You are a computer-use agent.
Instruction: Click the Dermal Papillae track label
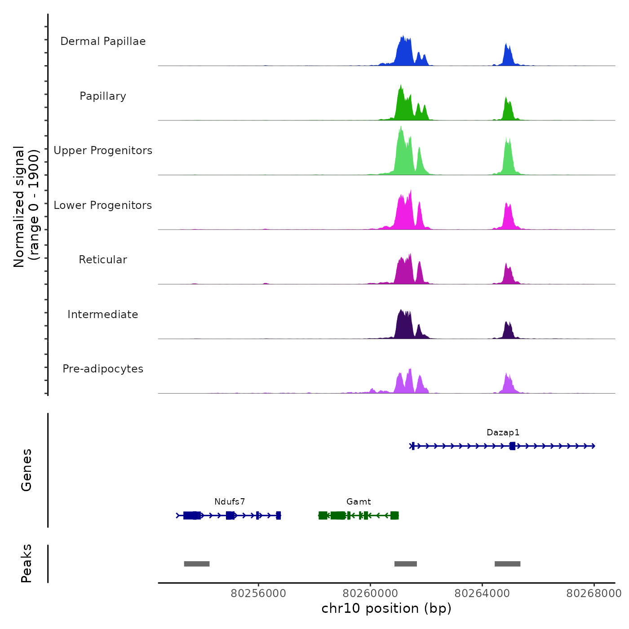[103, 41]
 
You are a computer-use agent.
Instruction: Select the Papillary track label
[103, 96]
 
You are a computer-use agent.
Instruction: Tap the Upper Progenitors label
[103, 151]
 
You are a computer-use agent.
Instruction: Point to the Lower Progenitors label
[103, 205]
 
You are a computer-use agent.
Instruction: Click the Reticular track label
[103, 260]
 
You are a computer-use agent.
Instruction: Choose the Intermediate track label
[103, 314]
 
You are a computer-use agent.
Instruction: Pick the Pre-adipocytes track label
[103, 369]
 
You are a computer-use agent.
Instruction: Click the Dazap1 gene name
[503, 433]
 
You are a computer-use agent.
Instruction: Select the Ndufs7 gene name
[230, 502]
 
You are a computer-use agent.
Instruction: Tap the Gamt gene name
[359, 502]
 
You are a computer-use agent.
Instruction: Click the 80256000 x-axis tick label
[258, 594]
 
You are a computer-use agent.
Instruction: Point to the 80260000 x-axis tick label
[371, 594]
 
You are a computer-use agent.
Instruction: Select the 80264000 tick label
[482, 594]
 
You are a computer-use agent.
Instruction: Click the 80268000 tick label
[594, 594]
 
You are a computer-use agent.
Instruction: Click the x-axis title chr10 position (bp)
[386, 608]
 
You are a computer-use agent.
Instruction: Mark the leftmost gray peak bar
[197, 564]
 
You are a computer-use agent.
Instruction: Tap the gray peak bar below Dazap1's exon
[507, 564]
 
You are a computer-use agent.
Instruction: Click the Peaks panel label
[27, 563]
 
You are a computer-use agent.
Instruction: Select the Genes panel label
[27, 470]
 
